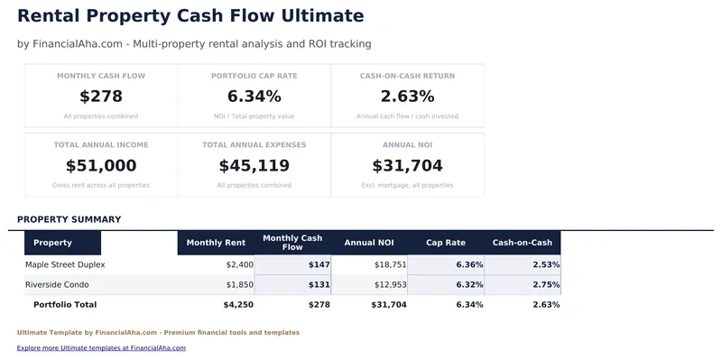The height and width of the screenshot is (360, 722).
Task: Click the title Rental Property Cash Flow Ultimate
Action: point(190,16)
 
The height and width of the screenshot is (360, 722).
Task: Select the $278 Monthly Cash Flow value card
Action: point(101,97)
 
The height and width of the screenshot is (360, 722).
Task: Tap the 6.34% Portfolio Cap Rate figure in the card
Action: point(254,97)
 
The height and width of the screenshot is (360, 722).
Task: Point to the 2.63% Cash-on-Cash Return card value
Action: point(407,97)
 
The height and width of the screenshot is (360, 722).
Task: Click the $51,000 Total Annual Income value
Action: point(101,166)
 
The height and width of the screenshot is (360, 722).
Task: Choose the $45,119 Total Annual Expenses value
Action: point(254,166)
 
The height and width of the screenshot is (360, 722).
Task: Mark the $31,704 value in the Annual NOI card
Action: point(407,166)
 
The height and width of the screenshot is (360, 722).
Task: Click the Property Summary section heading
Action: point(69,219)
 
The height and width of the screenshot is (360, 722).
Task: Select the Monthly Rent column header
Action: point(216,243)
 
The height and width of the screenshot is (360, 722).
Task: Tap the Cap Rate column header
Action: point(445,243)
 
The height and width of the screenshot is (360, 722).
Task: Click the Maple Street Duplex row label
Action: point(65,265)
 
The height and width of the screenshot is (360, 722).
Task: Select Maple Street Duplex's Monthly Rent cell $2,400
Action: point(239,265)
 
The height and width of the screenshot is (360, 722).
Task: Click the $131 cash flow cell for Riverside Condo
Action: point(319,285)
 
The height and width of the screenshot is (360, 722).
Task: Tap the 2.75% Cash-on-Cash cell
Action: point(546,285)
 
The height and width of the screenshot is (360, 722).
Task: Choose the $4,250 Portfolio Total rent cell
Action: point(238,305)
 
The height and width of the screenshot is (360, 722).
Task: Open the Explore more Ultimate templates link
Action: point(101,347)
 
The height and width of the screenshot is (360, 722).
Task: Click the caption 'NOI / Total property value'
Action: point(254,116)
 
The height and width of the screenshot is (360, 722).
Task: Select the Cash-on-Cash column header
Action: point(522,243)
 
